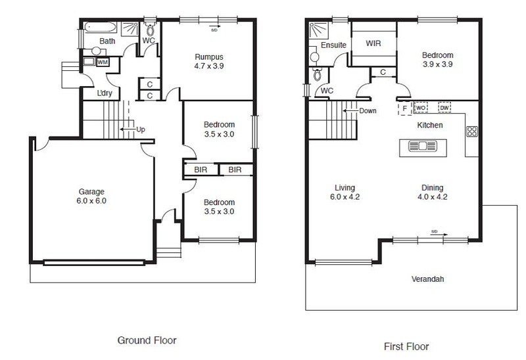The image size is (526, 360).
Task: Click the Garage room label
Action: click(x=91, y=192)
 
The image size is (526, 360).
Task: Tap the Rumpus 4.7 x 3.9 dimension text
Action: click(x=209, y=66)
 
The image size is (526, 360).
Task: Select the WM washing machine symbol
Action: click(x=103, y=62)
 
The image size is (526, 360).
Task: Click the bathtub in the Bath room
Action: click(x=101, y=27)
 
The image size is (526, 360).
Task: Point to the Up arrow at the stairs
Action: click(x=128, y=129)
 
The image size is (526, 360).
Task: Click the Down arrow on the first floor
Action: click(x=350, y=110)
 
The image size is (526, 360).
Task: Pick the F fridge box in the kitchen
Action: click(x=405, y=108)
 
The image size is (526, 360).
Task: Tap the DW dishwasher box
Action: click(x=444, y=108)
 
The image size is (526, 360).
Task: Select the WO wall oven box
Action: click(x=421, y=108)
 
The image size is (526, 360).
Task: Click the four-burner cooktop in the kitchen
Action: click(x=472, y=131)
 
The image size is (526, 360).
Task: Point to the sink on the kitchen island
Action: click(x=422, y=146)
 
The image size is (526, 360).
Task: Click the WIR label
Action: click(x=373, y=43)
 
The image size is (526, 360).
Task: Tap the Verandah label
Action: click(x=428, y=279)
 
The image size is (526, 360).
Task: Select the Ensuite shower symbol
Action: click(x=318, y=30)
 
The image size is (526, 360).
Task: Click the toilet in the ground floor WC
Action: click(x=150, y=30)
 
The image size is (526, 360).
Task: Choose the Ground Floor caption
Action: click(x=147, y=340)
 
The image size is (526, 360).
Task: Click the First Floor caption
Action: click(x=406, y=346)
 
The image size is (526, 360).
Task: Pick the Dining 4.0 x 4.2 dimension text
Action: click(x=433, y=197)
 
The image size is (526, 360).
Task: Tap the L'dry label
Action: click(x=105, y=93)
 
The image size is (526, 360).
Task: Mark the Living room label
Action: click(x=345, y=188)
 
